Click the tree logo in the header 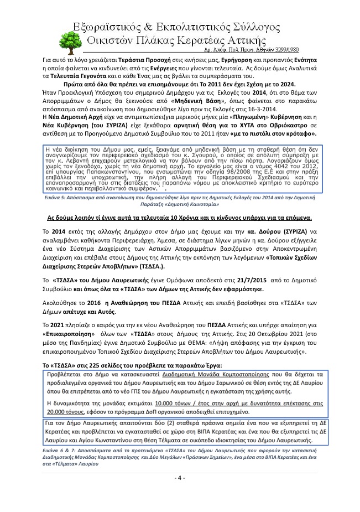(x=66, y=40)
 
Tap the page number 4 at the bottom (x=180, y=478)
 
